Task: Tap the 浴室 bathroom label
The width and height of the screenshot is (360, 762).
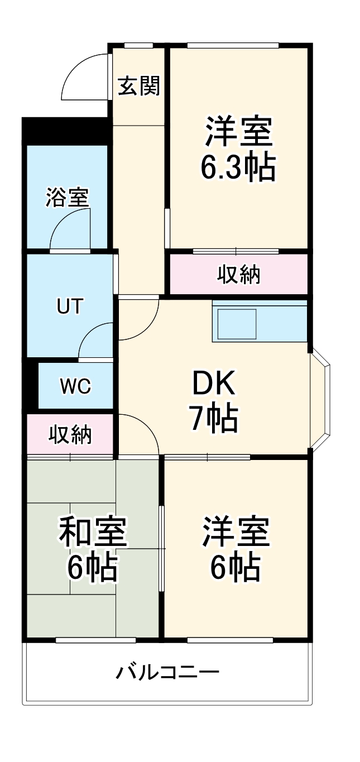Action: [67, 198]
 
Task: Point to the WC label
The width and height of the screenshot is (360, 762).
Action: [75, 386]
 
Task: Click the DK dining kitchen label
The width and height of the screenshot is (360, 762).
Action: [214, 384]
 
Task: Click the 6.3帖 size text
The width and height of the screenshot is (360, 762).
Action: [238, 166]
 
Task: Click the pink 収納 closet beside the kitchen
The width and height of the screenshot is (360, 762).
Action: [238, 274]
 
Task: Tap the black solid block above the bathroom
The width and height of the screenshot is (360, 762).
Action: [64, 131]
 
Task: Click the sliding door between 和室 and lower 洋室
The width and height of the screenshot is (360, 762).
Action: [162, 548]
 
